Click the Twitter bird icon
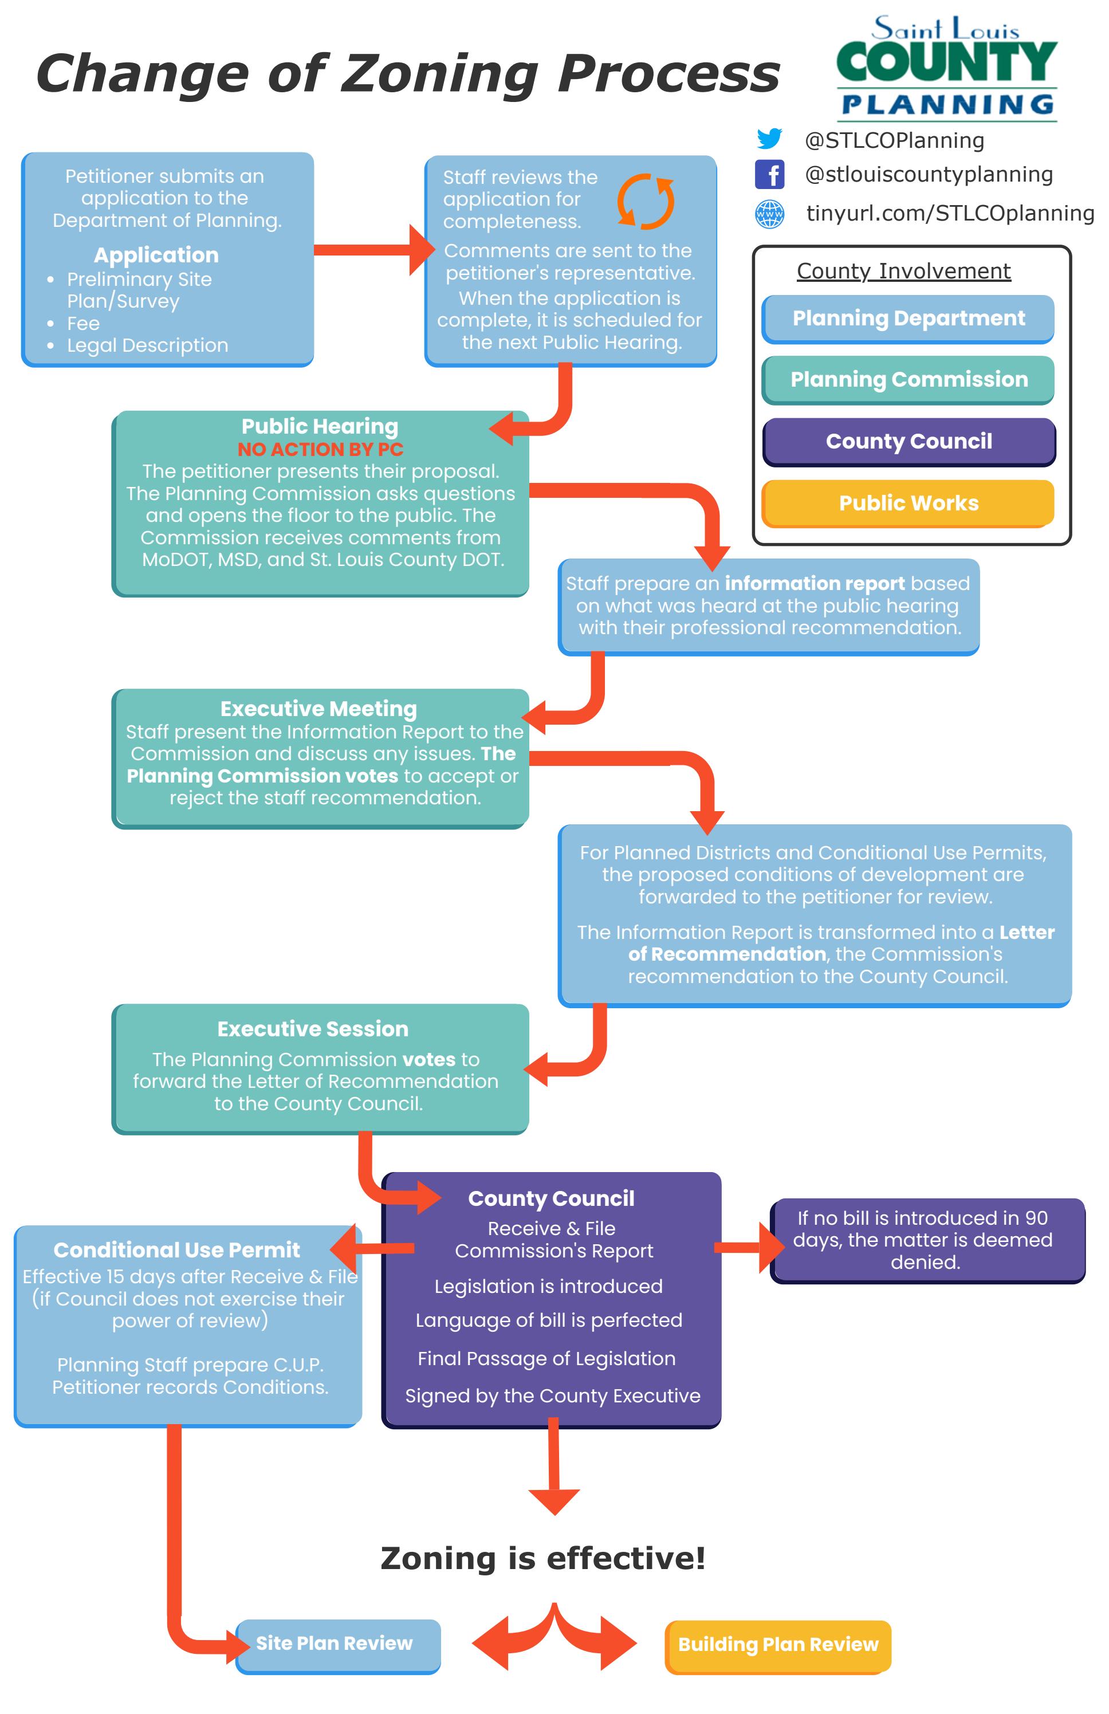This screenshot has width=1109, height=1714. pos(769,139)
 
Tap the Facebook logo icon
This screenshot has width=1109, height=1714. pos(769,174)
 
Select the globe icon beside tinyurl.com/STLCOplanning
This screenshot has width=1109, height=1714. pos(769,214)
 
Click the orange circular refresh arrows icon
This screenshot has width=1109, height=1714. pos(645,201)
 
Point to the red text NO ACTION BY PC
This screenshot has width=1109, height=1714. pos(320,449)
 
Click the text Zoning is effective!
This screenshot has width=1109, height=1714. pos(543,1558)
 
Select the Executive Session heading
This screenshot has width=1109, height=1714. pos(313,1028)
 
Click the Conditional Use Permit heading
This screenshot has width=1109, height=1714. pos(176,1249)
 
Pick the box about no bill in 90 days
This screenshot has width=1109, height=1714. pos(927,1240)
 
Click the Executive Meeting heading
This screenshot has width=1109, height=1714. pos(318,709)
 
